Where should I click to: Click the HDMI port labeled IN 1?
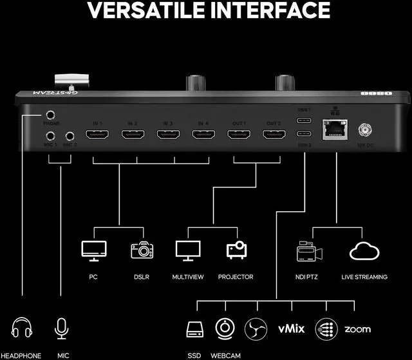(97, 135)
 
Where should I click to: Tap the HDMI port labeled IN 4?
(203, 135)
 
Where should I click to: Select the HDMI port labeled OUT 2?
(274, 135)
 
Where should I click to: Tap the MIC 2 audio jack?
(69, 136)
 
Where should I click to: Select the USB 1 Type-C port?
(304, 120)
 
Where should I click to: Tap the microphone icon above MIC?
(62, 328)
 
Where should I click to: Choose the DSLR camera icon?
(142, 250)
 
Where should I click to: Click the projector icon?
(236, 250)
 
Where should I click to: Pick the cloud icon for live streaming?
(364, 251)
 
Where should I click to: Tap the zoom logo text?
(357, 329)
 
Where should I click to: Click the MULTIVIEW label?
(189, 277)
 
